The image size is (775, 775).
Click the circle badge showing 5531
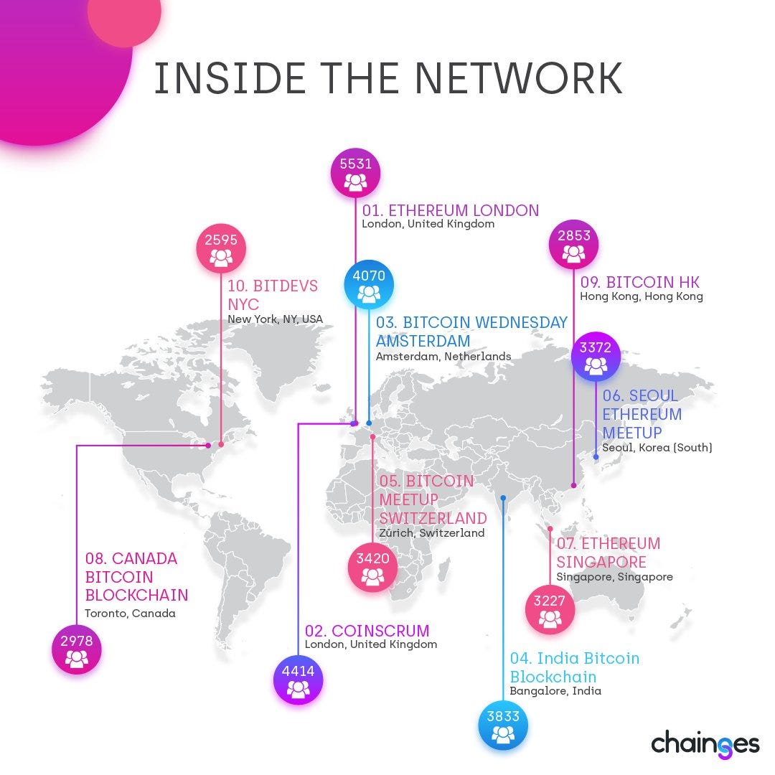(x=355, y=173)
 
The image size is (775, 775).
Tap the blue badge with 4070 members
(x=369, y=285)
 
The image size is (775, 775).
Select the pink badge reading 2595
(x=221, y=249)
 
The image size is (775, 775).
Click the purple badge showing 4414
(x=298, y=680)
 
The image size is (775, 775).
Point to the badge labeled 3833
(x=503, y=725)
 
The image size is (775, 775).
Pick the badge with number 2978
(x=77, y=649)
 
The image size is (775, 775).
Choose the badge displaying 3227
(x=550, y=610)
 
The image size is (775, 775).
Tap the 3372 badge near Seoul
(x=596, y=357)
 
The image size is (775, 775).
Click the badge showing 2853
(x=574, y=245)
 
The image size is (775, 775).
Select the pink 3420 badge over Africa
(x=372, y=568)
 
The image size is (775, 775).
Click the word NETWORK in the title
(x=518, y=78)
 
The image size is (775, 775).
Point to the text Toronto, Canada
(x=130, y=614)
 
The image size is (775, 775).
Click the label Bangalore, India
(x=555, y=691)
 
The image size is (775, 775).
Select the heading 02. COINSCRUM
(x=367, y=631)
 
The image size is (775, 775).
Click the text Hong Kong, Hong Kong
(x=642, y=296)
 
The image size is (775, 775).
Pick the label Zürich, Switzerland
(x=432, y=532)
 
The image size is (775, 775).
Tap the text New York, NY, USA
(x=276, y=319)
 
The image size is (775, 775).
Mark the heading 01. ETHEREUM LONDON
(x=450, y=210)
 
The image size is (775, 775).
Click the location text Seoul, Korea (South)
(x=657, y=448)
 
